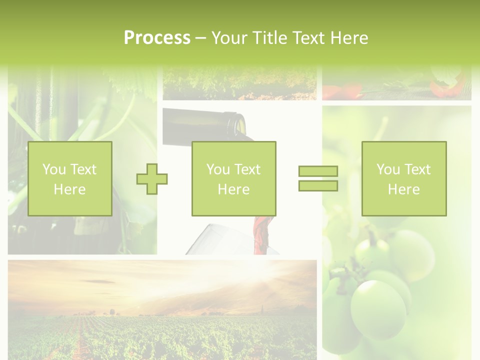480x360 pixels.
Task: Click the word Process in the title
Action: [157, 38]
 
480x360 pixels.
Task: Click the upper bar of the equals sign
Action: [318, 171]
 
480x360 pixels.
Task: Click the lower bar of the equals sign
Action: [318, 186]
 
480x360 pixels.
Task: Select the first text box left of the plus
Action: [69, 178]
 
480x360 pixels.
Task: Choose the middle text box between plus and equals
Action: [233, 178]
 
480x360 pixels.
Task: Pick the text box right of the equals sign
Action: [403, 178]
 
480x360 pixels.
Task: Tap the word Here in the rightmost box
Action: [403, 189]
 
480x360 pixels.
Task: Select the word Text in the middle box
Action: [247, 169]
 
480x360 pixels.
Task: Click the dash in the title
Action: [201, 38]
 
